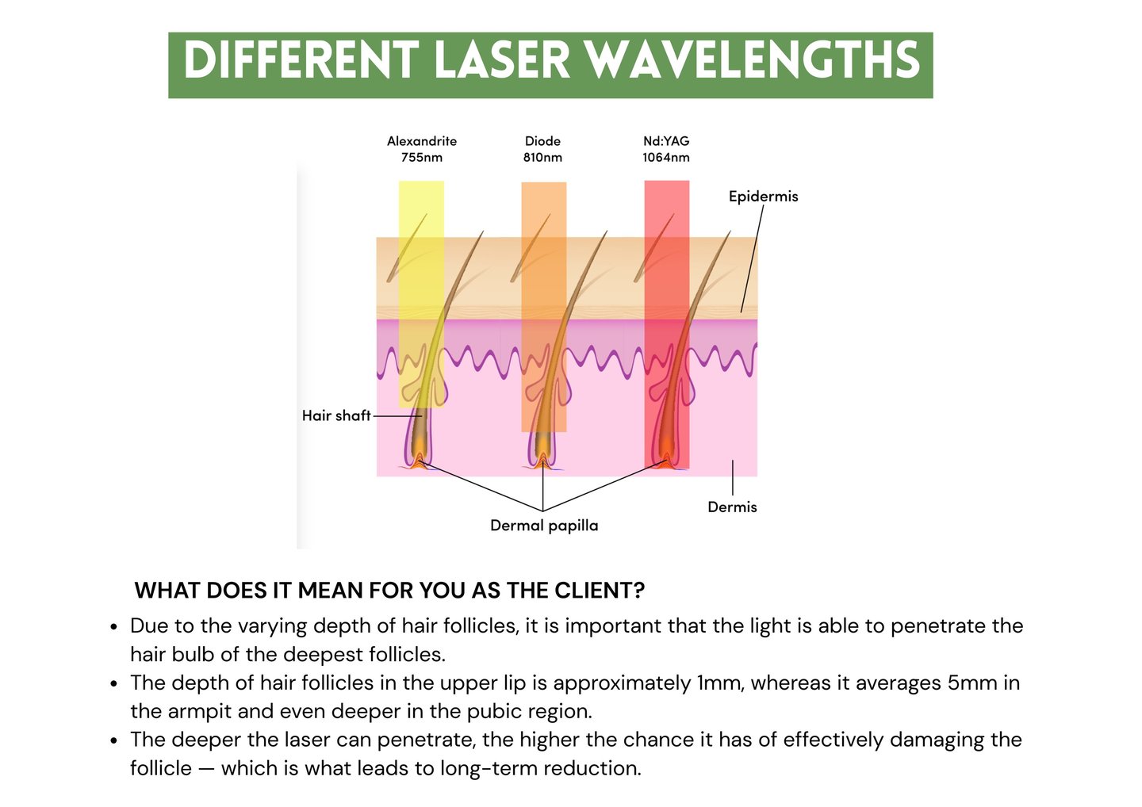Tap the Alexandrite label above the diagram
pyautogui.click(x=422, y=141)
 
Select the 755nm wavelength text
pyautogui.click(x=422, y=157)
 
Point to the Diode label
pyautogui.click(x=542, y=141)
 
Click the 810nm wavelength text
pyautogui.click(x=542, y=157)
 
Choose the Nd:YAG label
pyautogui.click(x=666, y=141)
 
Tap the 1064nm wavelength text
pyautogui.click(x=666, y=157)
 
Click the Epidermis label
pyautogui.click(x=763, y=196)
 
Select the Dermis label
pyautogui.click(x=732, y=507)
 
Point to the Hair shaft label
pyautogui.click(x=336, y=415)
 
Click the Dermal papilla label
pyautogui.click(x=544, y=525)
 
